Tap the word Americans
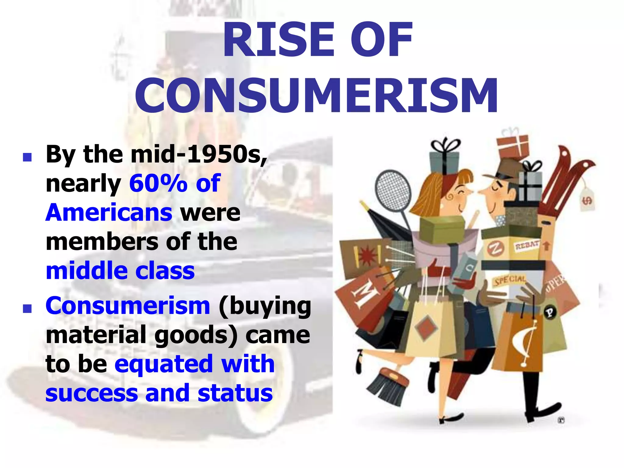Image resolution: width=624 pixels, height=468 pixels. click(109, 213)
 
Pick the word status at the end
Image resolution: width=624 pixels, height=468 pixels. click(235, 393)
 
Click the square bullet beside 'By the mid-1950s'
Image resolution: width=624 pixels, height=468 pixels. click(27, 157)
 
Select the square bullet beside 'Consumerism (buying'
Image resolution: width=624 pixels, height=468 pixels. click(27, 309)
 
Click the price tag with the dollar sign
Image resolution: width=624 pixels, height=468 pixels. click(587, 200)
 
